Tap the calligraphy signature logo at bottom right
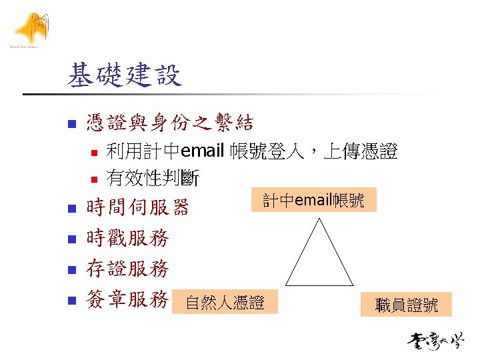(x=436, y=341)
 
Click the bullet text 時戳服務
(x=127, y=238)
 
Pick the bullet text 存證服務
(x=127, y=269)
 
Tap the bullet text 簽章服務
(x=127, y=300)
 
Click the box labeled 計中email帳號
(x=313, y=200)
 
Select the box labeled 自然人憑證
(x=225, y=303)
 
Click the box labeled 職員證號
(x=407, y=305)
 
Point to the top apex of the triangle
(x=321, y=217)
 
